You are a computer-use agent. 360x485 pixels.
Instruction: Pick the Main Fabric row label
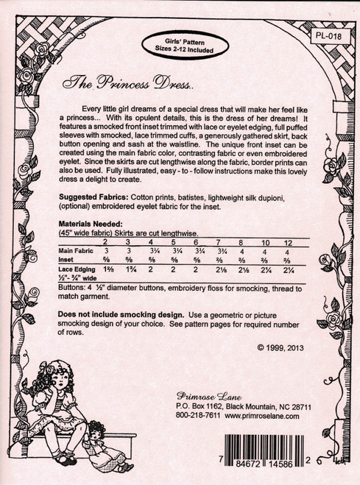(x=77, y=251)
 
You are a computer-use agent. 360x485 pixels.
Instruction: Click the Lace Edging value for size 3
(x=127, y=271)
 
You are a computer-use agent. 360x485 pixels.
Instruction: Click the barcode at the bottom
(x=279, y=451)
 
